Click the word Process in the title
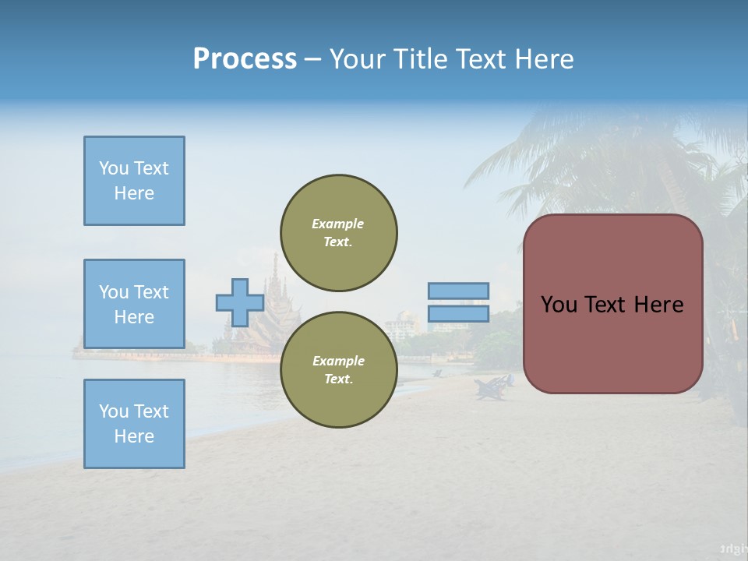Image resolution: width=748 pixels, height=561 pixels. (245, 59)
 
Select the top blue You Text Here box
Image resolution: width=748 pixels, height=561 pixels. (134, 181)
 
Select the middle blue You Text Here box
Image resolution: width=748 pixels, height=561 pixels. (134, 304)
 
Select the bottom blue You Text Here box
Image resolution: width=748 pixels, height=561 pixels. (134, 424)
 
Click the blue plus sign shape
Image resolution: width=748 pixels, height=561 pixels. (240, 303)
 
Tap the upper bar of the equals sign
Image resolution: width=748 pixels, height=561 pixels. (458, 291)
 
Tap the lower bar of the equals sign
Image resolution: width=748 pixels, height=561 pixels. (458, 314)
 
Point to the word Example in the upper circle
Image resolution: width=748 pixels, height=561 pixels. (337, 224)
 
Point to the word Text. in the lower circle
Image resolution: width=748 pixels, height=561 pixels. (338, 379)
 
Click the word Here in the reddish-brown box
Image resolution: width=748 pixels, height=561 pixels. (658, 305)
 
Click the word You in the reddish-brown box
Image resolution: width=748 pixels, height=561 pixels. (558, 305)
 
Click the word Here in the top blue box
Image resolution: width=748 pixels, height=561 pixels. (134, 193)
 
